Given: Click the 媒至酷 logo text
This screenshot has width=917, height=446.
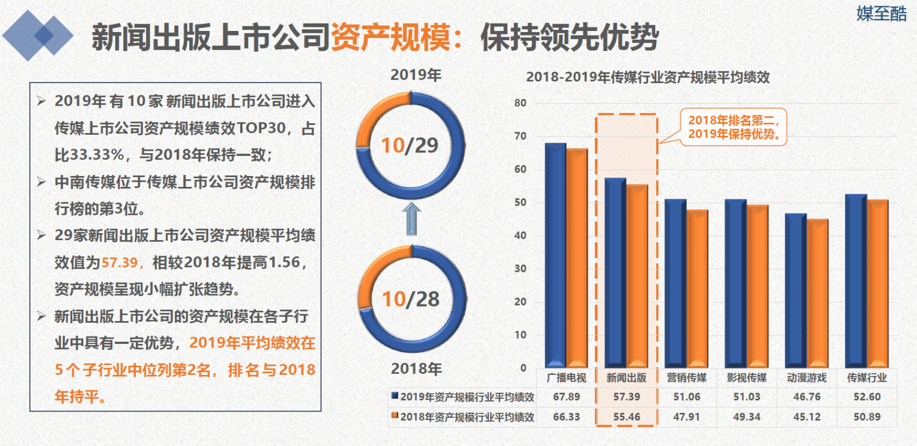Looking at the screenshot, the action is pyautogui.click(x=881, y=14).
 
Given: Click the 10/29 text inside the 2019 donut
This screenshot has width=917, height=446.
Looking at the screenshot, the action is pyautogui.click(x=410, y=146).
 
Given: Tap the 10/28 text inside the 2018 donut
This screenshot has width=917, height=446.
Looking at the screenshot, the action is pyautogui.click(x=410, y=299).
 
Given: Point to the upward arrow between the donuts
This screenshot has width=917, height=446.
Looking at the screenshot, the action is pyautogui.click(x=412, y=218).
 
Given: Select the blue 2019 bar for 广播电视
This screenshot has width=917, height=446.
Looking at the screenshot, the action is pyautogui.click(x=555, y=255).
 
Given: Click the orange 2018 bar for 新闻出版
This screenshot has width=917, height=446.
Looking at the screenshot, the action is pyautogui.click(x=637, y=276).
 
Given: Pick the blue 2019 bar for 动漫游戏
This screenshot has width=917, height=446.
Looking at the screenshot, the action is pyautogui.click(x=796, y=291).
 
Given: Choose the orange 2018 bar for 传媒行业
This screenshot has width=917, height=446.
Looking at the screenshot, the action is pyautogui.click(x=877, y=283).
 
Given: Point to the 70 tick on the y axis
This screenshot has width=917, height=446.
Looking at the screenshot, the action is pyautogui.click(x=520, y=136).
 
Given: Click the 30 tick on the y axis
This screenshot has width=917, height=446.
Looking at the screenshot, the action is pyautogui.click(x=520, y=269).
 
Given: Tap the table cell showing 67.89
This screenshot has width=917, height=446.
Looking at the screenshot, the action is pyautogui.click(x=567, y=397).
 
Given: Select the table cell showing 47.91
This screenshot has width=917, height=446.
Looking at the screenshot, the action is pyautogui.click(x=687, y=417).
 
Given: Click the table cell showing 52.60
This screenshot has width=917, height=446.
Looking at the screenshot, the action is pyautogui.click(x=867, y=397).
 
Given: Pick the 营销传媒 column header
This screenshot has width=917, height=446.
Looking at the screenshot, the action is pyautogui.click(x=687, y=378).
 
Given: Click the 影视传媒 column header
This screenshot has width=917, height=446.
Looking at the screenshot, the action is pyautogui.click(x=747, y=378).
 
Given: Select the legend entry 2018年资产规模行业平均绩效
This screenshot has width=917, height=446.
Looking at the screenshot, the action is pyautogui.click(x=463, y=417).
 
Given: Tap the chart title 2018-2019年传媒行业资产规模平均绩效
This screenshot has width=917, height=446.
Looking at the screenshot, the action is pyautogui.click(x=648, y=77).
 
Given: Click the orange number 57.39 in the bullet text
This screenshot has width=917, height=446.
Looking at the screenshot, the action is pyautogui.click(x=119, y=262).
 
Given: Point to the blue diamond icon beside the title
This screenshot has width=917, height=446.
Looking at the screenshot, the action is pyautogui.click(x=38, y=36).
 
